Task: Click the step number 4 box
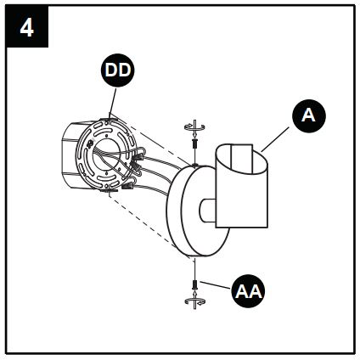(x=26, y=28)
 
